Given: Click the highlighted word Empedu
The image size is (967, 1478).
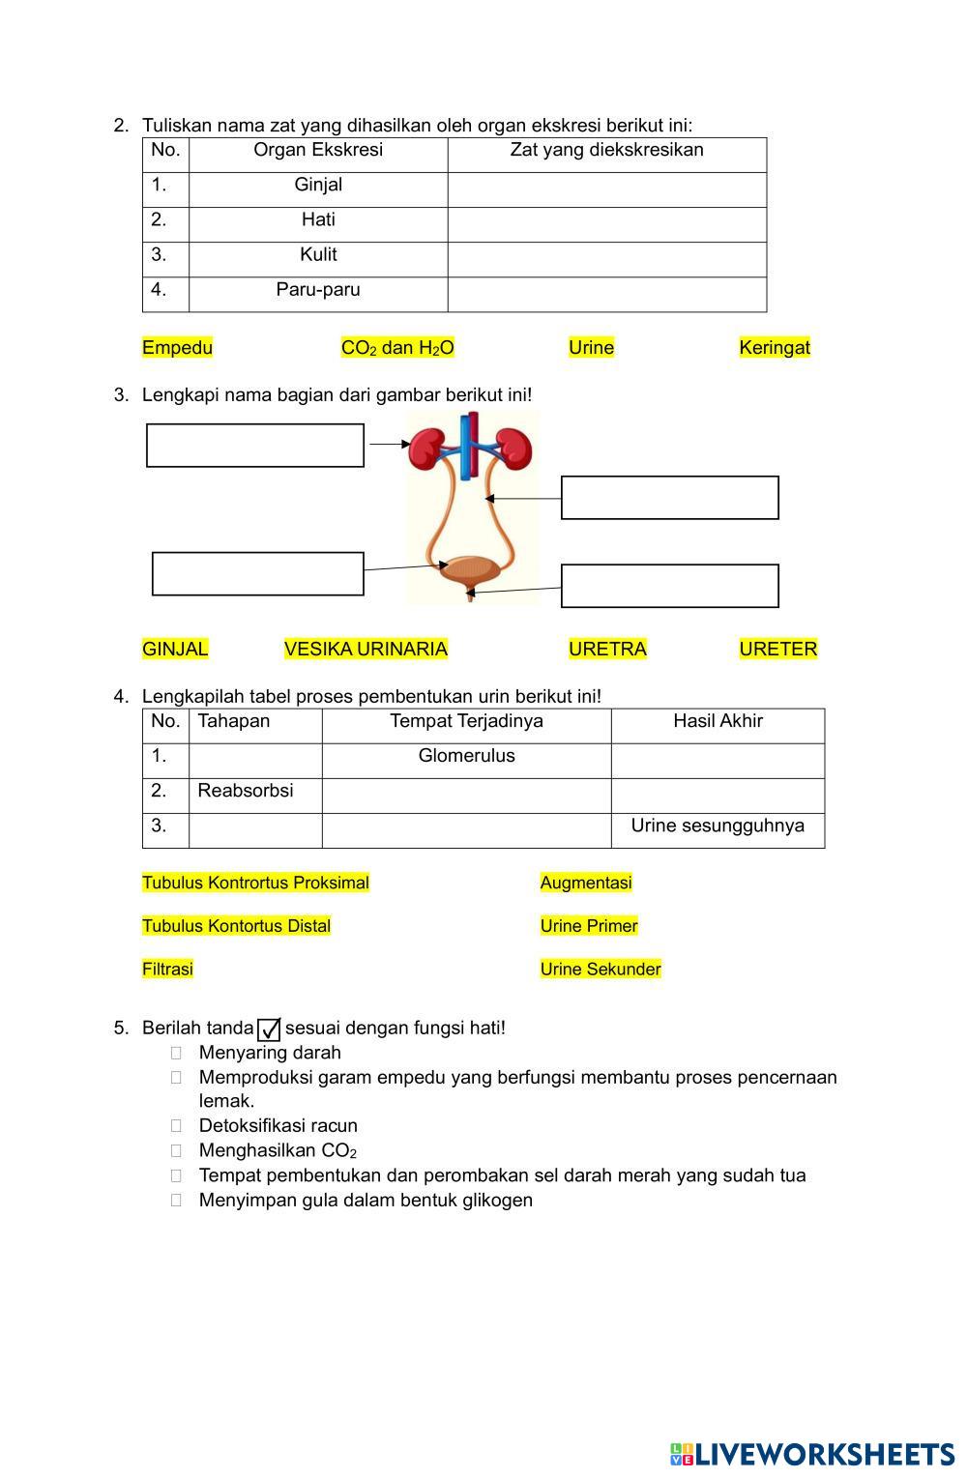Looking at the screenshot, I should [x=177, y=348].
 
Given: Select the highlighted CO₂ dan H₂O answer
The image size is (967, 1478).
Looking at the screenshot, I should [x=397, y=348].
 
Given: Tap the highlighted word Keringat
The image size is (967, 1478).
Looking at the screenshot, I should [x=774, y=348].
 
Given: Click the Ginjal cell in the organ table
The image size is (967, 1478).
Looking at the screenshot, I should [x=318, y=186].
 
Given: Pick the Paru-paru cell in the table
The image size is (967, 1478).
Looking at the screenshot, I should [x=318, y=290].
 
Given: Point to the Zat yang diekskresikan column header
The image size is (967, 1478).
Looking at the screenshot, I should [x=606, y=151].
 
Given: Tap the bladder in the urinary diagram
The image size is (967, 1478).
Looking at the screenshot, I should [x=470, y=570].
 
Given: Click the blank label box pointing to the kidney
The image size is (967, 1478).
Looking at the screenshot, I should [x=255, y=446].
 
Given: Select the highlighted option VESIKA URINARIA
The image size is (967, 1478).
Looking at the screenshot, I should [x=366, y=650].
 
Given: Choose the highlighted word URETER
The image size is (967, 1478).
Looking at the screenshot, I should [x=777, y=650].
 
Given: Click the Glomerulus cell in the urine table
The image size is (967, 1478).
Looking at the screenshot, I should [x=466, y=757].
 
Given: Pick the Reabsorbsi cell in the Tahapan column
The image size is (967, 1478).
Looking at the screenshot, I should [x=246, y=792].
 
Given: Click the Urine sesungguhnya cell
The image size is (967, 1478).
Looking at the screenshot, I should [x=718, y=826].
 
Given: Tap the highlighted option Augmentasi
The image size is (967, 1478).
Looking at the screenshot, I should [x=586, y=883].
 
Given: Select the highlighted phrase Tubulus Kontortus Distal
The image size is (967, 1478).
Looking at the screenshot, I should [x=236, y=926].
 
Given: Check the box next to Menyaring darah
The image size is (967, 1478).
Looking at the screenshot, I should [x=176, y=1053].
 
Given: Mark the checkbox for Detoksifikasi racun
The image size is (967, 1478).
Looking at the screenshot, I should [x=176, y=1126].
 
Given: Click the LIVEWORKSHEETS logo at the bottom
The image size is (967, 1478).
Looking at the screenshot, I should [x=811, y=1455].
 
